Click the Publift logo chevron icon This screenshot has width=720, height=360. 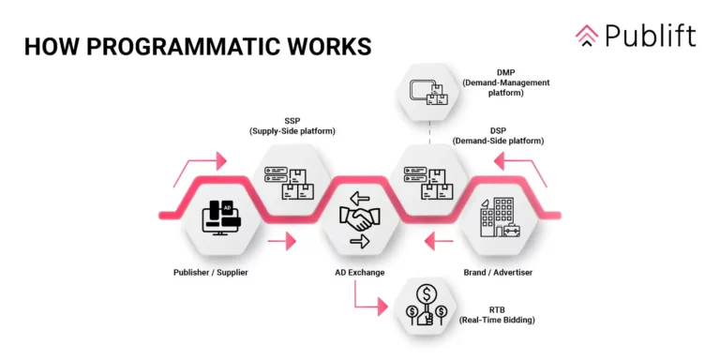tap(587, 35)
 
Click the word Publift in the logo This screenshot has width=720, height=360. tap(650, 36)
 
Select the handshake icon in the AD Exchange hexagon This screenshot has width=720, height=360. tap(360, 220)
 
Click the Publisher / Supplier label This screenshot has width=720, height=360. tap(217, 273)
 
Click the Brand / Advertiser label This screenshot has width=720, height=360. tap(502, 273)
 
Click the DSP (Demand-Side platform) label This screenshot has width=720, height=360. tap(498, 135)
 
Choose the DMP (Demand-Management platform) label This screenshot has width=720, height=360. tap(506, 82)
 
